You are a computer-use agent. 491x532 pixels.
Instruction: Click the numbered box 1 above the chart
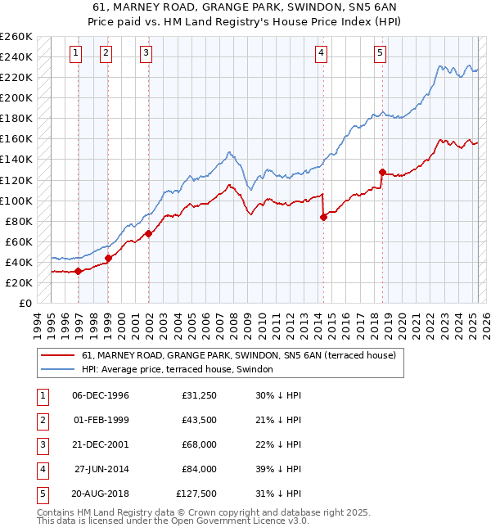coord(75,54)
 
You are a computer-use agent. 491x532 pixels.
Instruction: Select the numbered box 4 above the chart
coord(322,54)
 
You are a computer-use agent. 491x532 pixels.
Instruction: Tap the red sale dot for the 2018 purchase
coord(382,172)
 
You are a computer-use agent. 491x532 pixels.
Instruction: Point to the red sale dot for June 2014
coord(323,217)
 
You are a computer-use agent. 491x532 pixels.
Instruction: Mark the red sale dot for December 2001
coord(149,233)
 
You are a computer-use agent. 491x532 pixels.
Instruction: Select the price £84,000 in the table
coord(199,469)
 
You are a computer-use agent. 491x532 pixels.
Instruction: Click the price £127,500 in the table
coord(196,494)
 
